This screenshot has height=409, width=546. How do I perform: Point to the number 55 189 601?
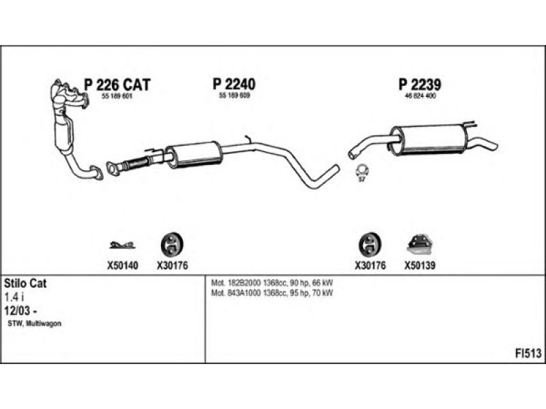point(116,98)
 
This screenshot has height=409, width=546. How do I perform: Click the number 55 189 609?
point(234,98)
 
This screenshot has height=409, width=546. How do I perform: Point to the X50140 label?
point(122,267)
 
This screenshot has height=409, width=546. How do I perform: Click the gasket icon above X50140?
point(121,245)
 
